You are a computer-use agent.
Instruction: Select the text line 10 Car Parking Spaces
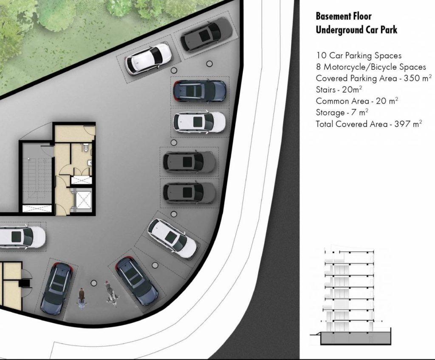tap(359, 56)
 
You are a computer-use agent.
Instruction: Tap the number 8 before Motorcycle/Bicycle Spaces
tap(319, 67)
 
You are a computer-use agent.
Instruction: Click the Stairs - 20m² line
tap(339, 89)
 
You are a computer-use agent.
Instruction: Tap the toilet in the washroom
tap(85, 147)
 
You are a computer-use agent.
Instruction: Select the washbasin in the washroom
tap(89, 163)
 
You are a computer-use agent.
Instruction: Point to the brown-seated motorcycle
tap(82, 298)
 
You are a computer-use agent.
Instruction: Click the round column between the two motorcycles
tap(94, 283)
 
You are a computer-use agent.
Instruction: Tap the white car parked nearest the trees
tap(147, 59)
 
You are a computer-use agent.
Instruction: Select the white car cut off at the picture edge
tap(22, 237)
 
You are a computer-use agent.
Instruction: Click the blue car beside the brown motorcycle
tap(57, 289)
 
